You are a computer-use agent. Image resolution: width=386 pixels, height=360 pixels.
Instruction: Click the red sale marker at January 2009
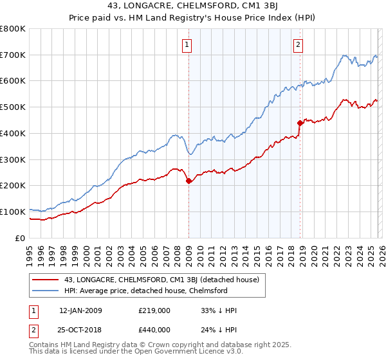click(188, 181)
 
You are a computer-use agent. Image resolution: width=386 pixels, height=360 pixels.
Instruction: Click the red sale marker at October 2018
click(300, 123)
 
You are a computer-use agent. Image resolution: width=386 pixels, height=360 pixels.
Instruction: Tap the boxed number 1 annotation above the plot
click(187, 44)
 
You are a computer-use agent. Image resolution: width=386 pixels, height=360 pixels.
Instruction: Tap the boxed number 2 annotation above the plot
click(299, 44)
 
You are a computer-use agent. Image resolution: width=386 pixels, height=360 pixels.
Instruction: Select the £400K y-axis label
click(13, 134)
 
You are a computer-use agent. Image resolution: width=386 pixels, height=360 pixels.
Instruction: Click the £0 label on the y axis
click(21, 238)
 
